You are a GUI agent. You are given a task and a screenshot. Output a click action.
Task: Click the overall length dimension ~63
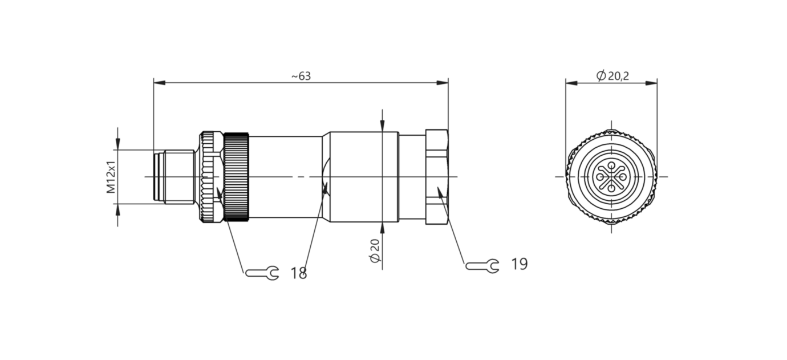[302, 76]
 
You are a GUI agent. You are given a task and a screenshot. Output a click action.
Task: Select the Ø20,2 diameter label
[612, 75]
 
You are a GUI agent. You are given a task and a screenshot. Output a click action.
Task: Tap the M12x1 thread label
[111, 177]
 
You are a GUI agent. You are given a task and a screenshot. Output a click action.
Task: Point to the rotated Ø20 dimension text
[375, 250]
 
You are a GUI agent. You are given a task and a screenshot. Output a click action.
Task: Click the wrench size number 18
[299, 273]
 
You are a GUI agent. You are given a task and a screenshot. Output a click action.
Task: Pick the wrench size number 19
[520, 264]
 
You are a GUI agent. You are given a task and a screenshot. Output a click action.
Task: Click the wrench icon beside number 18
[262, 273]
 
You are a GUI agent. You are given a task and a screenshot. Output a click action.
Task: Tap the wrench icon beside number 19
[482, 266]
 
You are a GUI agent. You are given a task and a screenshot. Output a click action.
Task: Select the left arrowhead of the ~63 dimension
[159, 83]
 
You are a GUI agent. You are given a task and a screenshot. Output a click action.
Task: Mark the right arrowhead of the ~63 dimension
[443, 83]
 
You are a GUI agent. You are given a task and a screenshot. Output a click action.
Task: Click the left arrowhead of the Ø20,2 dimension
[571, 83]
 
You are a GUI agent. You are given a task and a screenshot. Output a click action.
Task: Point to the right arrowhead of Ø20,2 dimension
[651, 83]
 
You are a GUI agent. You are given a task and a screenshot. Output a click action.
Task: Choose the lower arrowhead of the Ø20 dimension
[382, 228]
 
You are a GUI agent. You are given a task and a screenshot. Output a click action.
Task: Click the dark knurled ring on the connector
[237, 177]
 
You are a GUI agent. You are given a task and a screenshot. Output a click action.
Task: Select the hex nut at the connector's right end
[437, 177]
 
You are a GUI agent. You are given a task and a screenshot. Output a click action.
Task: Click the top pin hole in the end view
[611, 165]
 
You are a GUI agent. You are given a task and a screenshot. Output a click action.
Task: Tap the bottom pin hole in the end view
[611, 189]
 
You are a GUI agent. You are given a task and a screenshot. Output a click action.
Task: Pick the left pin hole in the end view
[600, 177]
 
